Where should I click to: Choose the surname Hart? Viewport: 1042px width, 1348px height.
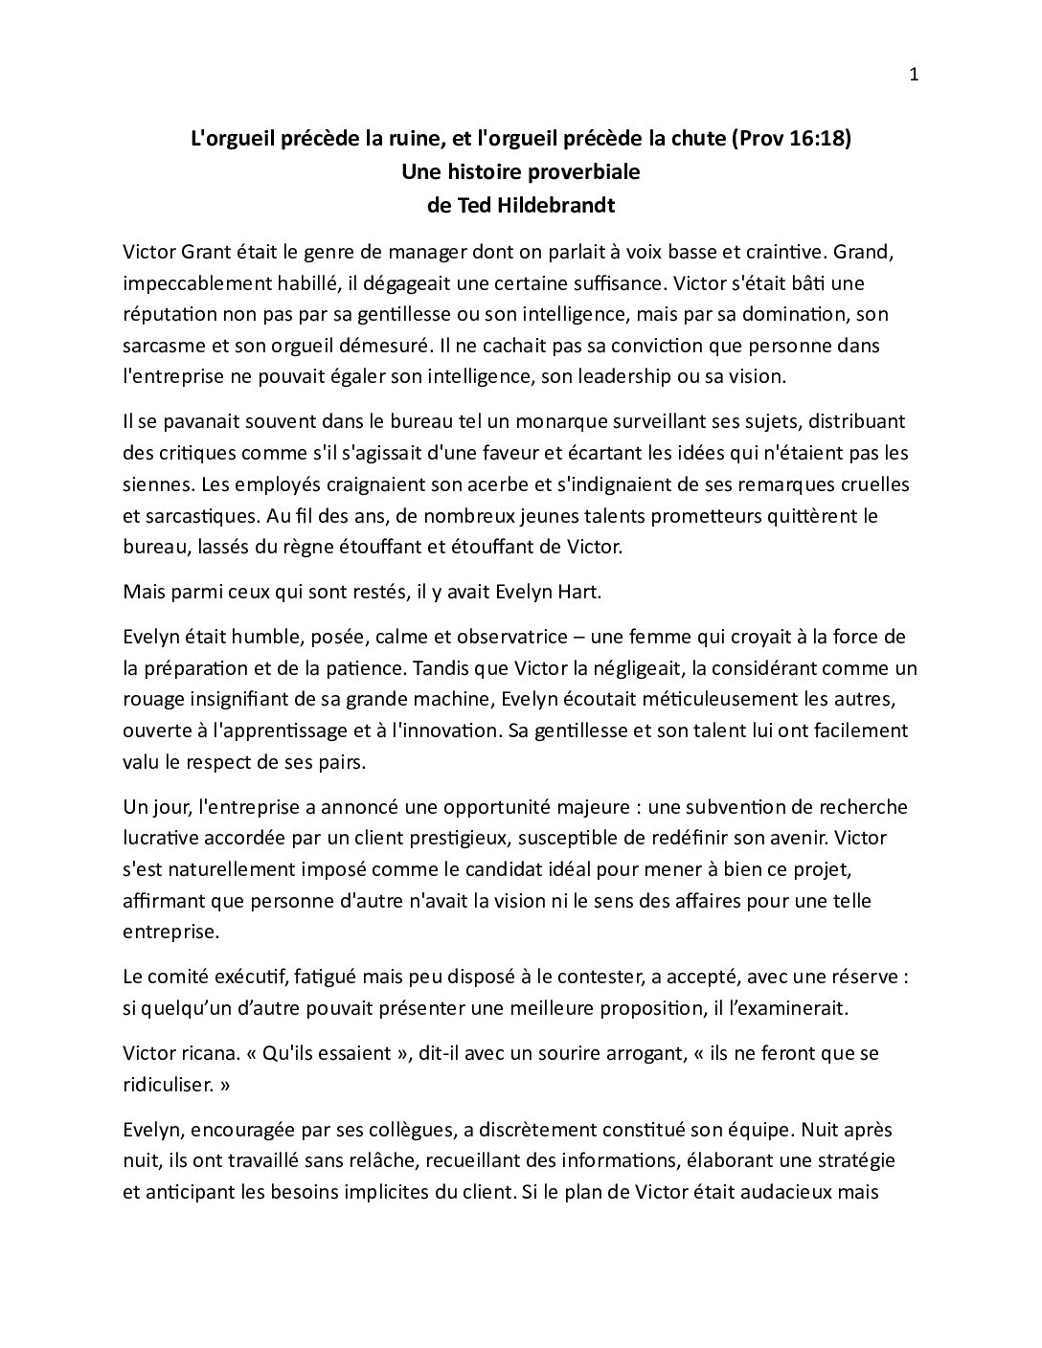click(577, 592)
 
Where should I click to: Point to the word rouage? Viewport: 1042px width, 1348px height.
click(152, 699)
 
